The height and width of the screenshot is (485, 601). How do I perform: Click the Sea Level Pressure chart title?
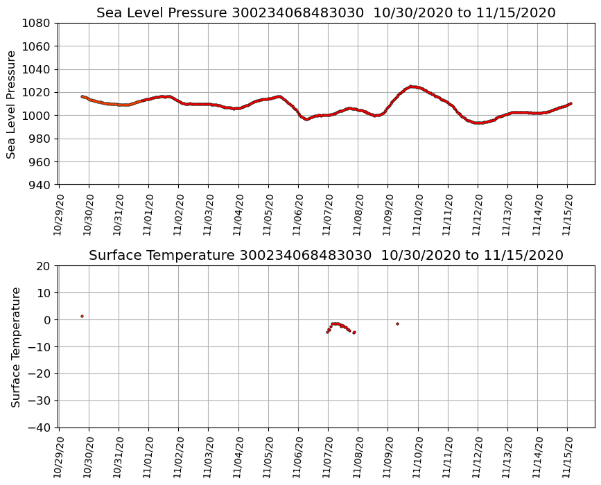click(x=326, y=13)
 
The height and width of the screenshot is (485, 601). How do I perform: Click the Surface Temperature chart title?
click(x=326, y=256)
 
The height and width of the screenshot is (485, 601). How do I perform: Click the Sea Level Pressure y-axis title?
click(x=12, y=104)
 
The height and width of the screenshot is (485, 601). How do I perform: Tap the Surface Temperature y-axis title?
click(x=15, y=346)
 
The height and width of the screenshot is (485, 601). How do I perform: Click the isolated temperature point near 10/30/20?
click(x=82, y=316)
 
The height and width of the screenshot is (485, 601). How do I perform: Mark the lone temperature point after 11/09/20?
click(x=397, y=324)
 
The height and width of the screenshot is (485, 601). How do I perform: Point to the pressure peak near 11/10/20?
click(x=412, y=87)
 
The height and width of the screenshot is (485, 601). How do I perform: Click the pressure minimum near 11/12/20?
click(x=478, y=123)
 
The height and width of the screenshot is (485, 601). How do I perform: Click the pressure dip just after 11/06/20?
click(x=307, y=119)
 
